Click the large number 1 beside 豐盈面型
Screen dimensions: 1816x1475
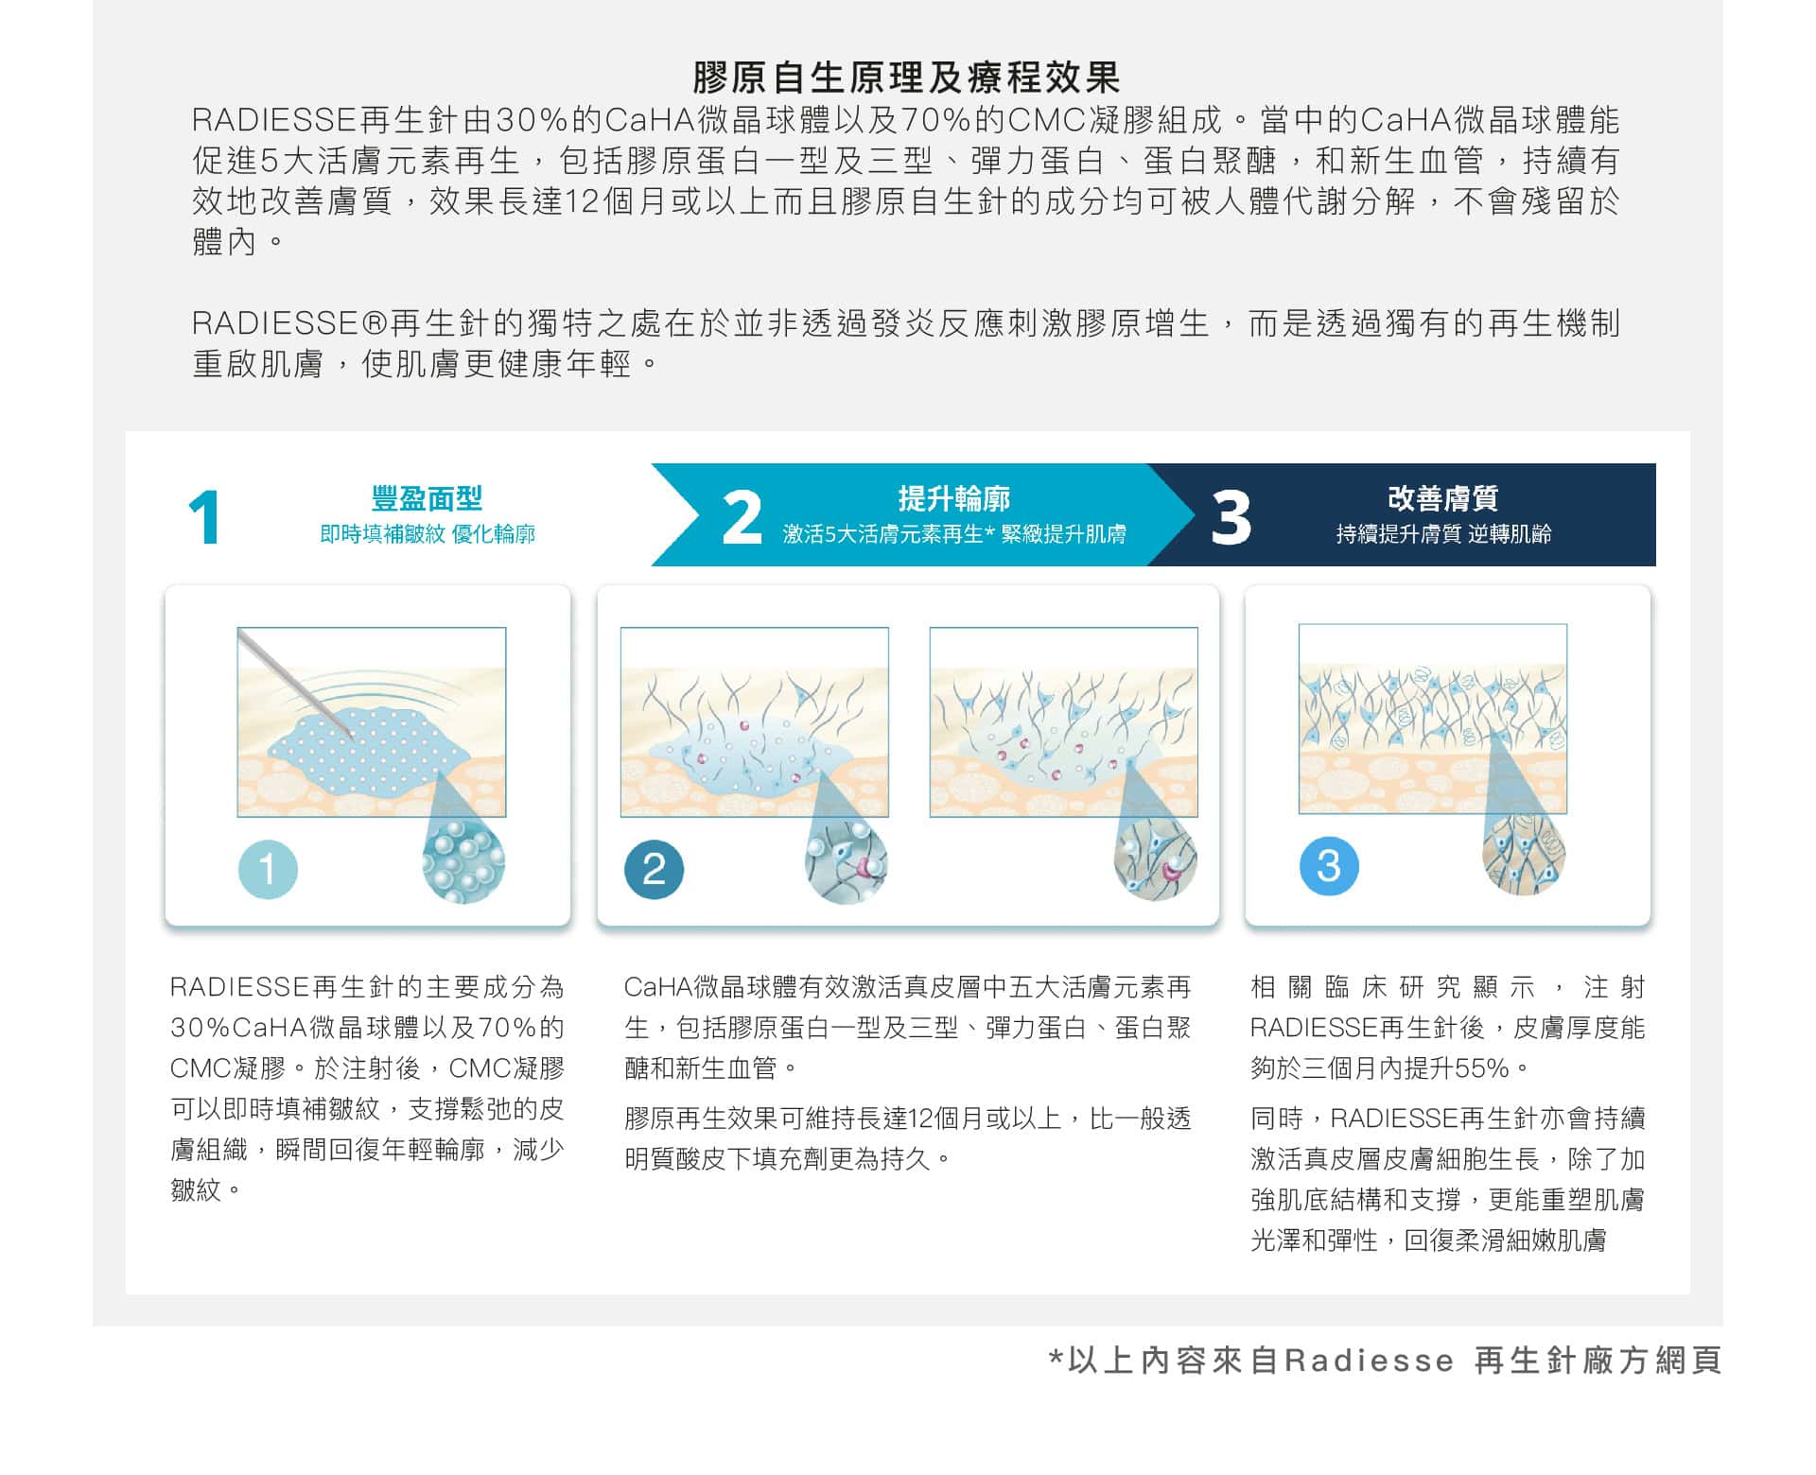coord(204,517)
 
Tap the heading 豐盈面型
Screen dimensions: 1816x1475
coord(427,498)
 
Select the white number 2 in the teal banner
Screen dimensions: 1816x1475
coord(742,517)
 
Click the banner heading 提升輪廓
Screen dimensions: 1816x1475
coord(953,498)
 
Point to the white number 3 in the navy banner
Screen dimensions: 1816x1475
coord(1231,518)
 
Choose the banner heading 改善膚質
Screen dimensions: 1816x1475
coord(1443,498)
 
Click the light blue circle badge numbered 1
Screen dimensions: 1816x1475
coord(268,869)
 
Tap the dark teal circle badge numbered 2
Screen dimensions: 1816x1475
coord(654,869)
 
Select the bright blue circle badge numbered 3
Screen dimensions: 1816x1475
coord(1329,866)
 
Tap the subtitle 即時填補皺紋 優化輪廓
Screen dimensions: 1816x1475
coord(428,534)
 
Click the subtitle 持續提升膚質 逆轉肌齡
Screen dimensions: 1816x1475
coord(1443,534)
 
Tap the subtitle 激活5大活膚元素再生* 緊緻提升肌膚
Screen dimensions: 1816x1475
coord(954,534)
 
